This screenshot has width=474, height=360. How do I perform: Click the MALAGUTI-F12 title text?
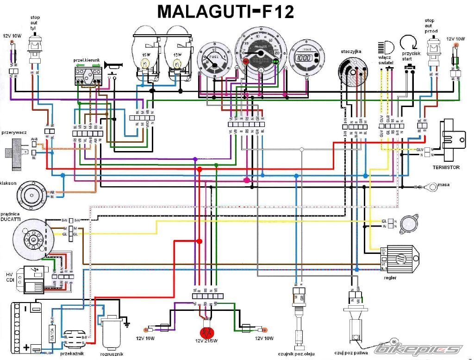(225, 11)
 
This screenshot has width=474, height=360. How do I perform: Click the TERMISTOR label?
(446, 167)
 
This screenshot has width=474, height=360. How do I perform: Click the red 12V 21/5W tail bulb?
(206, 333)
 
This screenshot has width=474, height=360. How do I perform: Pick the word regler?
(390, 278)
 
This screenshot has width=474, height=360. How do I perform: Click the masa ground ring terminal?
(432, 187)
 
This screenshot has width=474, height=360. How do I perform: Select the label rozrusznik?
(111, 355)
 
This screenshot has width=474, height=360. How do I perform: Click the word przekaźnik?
(71, 354)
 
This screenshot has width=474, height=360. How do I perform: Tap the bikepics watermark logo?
(419, 349)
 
